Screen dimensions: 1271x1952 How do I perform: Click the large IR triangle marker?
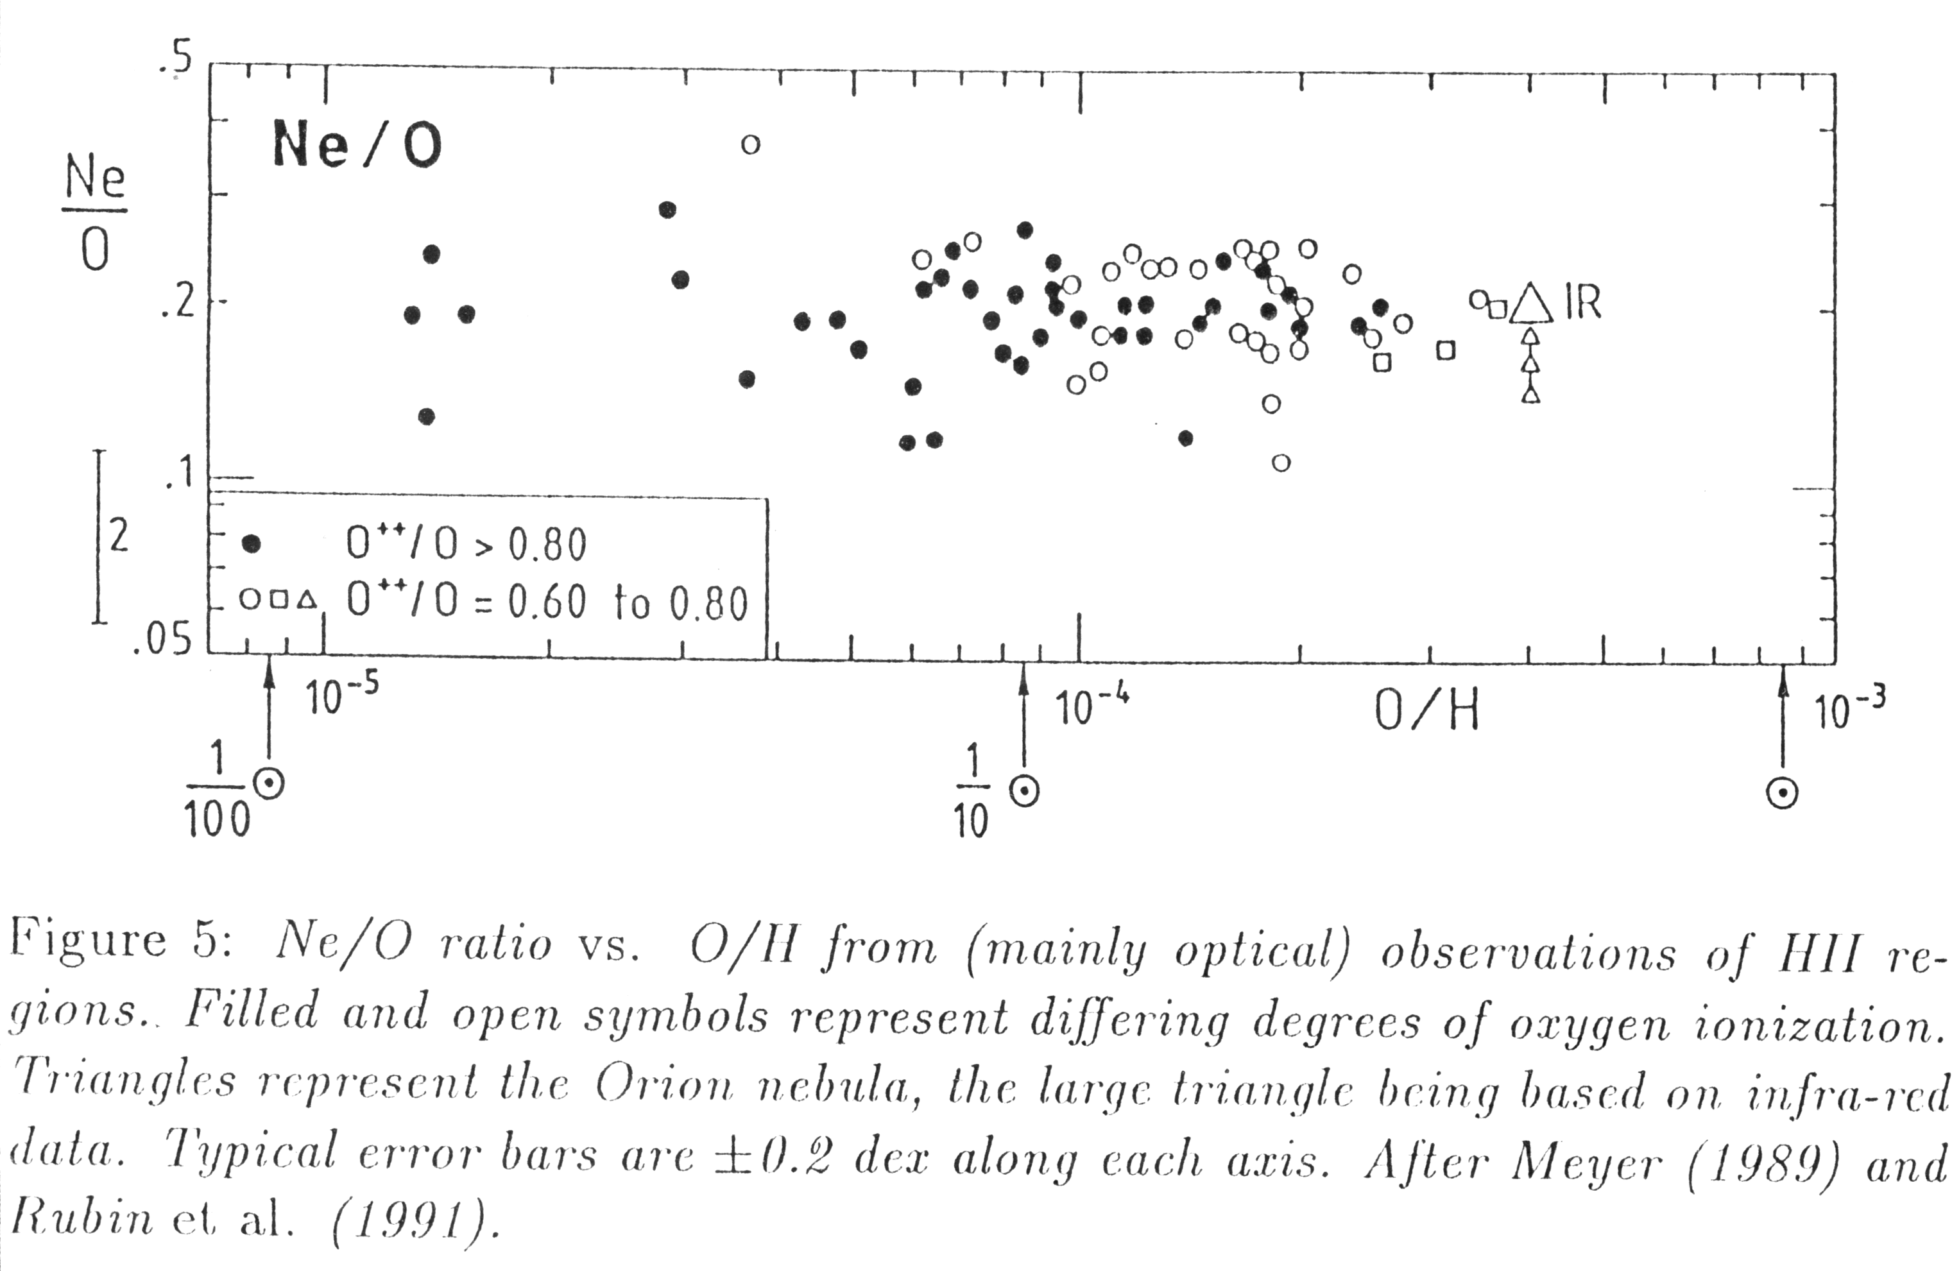point(1531,304)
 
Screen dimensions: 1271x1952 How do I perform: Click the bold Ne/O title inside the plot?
point(357,144)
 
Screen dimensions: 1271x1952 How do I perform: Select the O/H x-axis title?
point(1427,711)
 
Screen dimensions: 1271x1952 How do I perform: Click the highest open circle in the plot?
point(751,144)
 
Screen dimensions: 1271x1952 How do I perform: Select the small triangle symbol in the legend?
point(307,601)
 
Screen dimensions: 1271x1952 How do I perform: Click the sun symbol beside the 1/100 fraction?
point(269,784)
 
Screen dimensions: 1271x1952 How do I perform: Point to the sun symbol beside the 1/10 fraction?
point(1023,790)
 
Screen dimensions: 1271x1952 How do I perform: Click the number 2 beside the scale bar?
point(119,536)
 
